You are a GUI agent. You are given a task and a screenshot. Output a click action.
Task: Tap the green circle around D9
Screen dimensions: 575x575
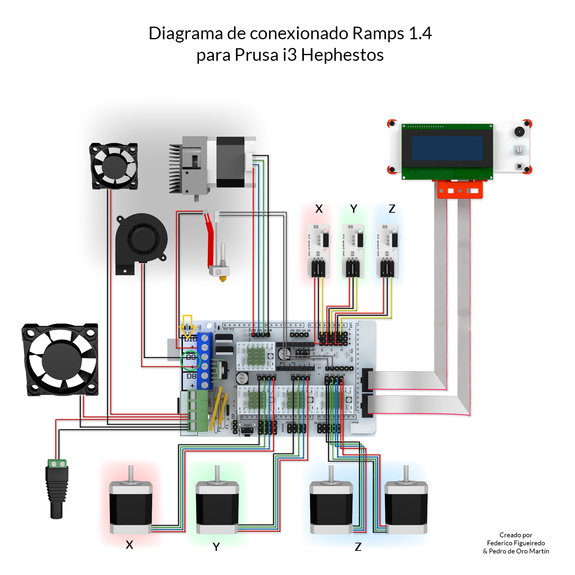point(190,361)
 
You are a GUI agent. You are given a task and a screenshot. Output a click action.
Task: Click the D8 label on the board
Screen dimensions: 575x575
point(191,376)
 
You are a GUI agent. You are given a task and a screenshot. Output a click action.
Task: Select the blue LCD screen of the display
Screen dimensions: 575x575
point(447,148)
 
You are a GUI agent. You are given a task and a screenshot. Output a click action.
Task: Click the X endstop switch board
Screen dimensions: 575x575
point(318,250)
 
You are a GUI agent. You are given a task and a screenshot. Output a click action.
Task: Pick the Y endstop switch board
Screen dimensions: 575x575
point(353,250)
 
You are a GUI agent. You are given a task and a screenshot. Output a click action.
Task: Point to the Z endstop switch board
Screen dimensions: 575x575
point(387,250)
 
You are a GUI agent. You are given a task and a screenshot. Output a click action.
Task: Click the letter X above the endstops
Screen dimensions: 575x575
point(319,209)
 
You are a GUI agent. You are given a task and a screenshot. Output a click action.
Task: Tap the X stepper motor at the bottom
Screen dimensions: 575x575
point(131,507)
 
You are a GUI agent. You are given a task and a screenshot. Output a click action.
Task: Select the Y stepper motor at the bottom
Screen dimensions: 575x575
point(217,507)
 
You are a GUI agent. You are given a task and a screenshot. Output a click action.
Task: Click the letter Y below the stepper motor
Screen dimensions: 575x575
point(216,547)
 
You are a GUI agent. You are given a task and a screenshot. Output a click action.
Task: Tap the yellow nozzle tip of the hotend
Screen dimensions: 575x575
point(223,279)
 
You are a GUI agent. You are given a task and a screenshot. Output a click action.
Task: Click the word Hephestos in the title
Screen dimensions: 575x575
point(342,55)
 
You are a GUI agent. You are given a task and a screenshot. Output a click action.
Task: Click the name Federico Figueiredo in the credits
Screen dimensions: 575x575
point(516,543)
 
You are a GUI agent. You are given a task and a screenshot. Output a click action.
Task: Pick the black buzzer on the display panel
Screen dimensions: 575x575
point(519,131)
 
